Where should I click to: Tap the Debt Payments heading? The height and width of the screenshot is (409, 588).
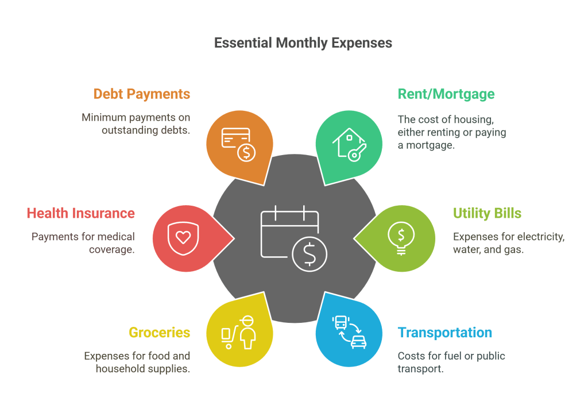click(141, 94)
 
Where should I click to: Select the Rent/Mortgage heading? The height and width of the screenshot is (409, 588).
click(446, 94)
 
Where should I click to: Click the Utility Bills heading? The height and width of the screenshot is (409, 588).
click(487, 214)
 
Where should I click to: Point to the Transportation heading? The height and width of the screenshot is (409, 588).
click(444, 333)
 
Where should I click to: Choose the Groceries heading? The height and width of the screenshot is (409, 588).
click(159, 333)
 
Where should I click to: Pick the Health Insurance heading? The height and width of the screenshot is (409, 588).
click(80, 214)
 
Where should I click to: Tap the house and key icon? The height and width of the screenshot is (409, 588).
click(349, 145)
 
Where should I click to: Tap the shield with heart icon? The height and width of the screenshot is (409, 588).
click(183, 236)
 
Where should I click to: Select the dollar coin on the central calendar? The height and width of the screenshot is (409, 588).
click(310, 253)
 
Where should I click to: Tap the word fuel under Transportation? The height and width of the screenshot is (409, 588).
click(450, 356)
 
